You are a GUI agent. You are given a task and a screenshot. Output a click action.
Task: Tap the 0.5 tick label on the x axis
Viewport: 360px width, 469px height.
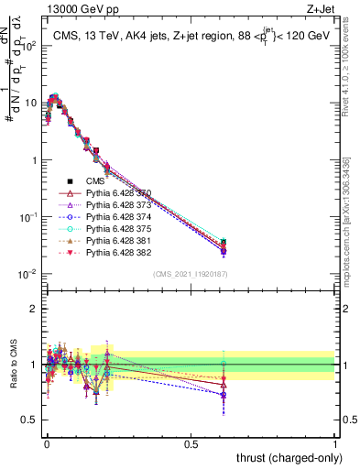(x=191, y=443)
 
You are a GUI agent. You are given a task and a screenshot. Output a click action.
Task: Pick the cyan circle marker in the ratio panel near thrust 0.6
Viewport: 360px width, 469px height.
(x=223, y=364)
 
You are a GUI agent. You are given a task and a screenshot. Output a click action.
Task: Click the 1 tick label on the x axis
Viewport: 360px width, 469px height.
(x=336, y=443)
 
